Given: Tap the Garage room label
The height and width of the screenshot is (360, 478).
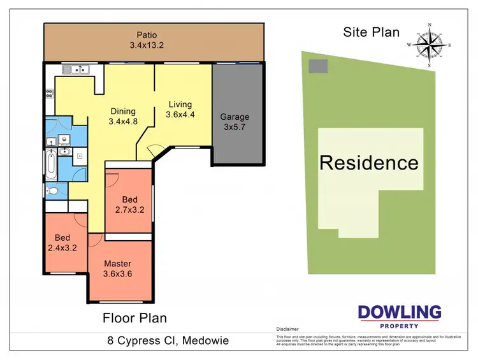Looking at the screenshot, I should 235,117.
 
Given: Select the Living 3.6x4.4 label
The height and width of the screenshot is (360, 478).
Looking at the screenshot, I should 180,110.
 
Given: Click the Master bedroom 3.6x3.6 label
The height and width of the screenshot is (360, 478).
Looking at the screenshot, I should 118,269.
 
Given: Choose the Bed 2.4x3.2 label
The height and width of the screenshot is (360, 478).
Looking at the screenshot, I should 62,243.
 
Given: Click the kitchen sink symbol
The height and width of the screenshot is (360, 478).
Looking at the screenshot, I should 76,69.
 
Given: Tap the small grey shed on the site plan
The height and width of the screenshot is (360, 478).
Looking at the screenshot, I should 318,66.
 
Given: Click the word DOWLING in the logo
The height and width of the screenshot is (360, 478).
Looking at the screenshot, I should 400,312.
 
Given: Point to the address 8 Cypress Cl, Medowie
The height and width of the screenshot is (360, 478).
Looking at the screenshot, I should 168,342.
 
